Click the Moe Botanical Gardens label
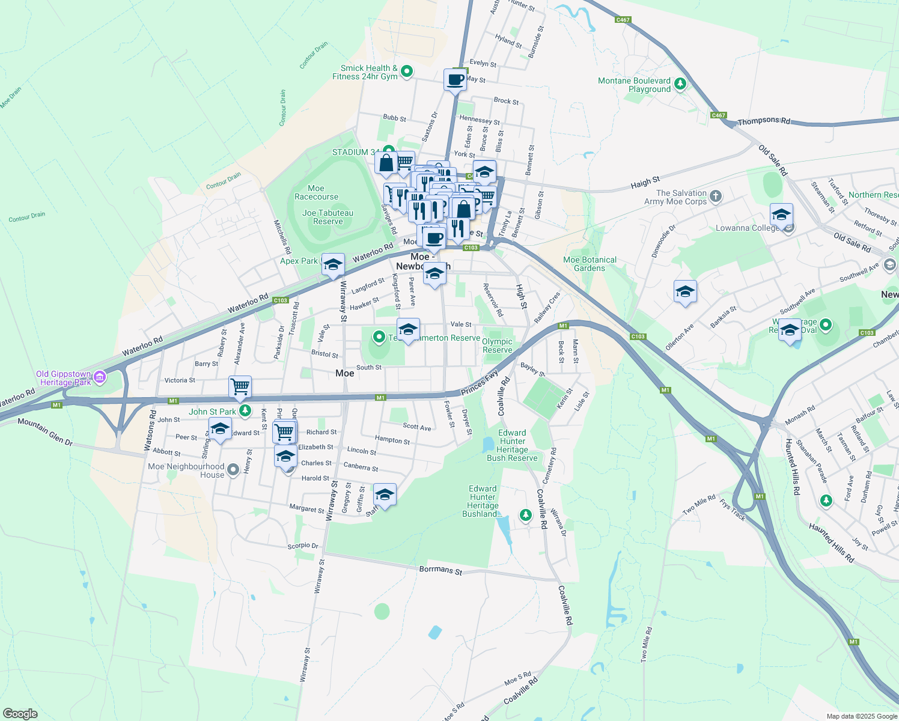click(590, 264)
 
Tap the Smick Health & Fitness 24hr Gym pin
click(407, 71)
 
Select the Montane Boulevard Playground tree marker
click(680, 84)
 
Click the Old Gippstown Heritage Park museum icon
click(100, 377)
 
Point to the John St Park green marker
click(245, 411)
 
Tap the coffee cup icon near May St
click(456, 79)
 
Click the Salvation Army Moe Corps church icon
click(715, 196)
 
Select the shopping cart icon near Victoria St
click(240, 386)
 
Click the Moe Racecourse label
click(316, 192)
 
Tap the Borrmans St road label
click(440, 570)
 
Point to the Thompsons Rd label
click(763, 121)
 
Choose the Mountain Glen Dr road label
click(45, 431)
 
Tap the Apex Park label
click(299, 261)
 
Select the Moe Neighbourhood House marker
click(233, 467)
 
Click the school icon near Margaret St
click(385, 494)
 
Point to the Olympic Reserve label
click(498, 345)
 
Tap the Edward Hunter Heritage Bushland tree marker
click(526, 515)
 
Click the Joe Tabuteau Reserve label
click(328, 217)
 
